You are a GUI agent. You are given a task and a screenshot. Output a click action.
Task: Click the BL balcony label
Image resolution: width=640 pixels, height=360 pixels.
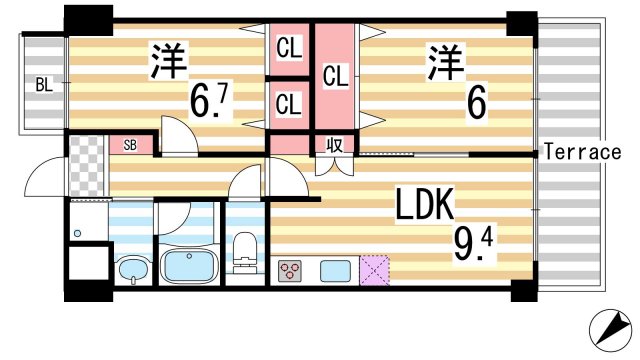[x=42, y=85]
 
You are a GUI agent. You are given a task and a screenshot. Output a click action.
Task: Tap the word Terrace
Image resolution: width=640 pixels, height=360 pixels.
[x=583, y=153]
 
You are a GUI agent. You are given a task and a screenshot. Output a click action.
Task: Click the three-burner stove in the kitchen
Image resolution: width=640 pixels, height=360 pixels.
[x=291, y=270]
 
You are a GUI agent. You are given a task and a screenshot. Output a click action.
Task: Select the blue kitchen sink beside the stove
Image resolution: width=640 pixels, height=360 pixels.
[x=333, y=270]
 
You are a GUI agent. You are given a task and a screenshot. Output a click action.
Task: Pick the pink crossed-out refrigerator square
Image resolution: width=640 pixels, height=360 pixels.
[x=375, y=270]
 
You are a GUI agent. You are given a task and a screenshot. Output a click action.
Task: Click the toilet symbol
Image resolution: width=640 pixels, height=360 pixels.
[x=244, y=252]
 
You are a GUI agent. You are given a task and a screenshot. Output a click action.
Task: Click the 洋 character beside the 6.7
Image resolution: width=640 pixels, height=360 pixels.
[x=170, y=62]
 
